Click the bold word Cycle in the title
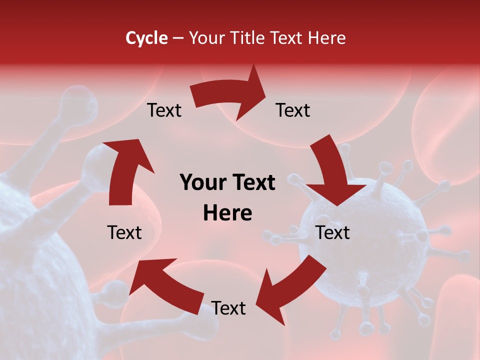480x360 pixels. (x=146, y=38)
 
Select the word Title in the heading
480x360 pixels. (x=251, y=38)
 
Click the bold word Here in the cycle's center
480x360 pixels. (x=227, y=213)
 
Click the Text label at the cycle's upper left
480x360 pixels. (x=164, y=110)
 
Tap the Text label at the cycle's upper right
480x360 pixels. (x=293, y=110)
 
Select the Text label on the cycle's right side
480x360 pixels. (x=332, y=232)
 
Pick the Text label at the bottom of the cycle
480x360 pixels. (x=228, y=308)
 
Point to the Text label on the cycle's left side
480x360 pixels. (x=124, y=232)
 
